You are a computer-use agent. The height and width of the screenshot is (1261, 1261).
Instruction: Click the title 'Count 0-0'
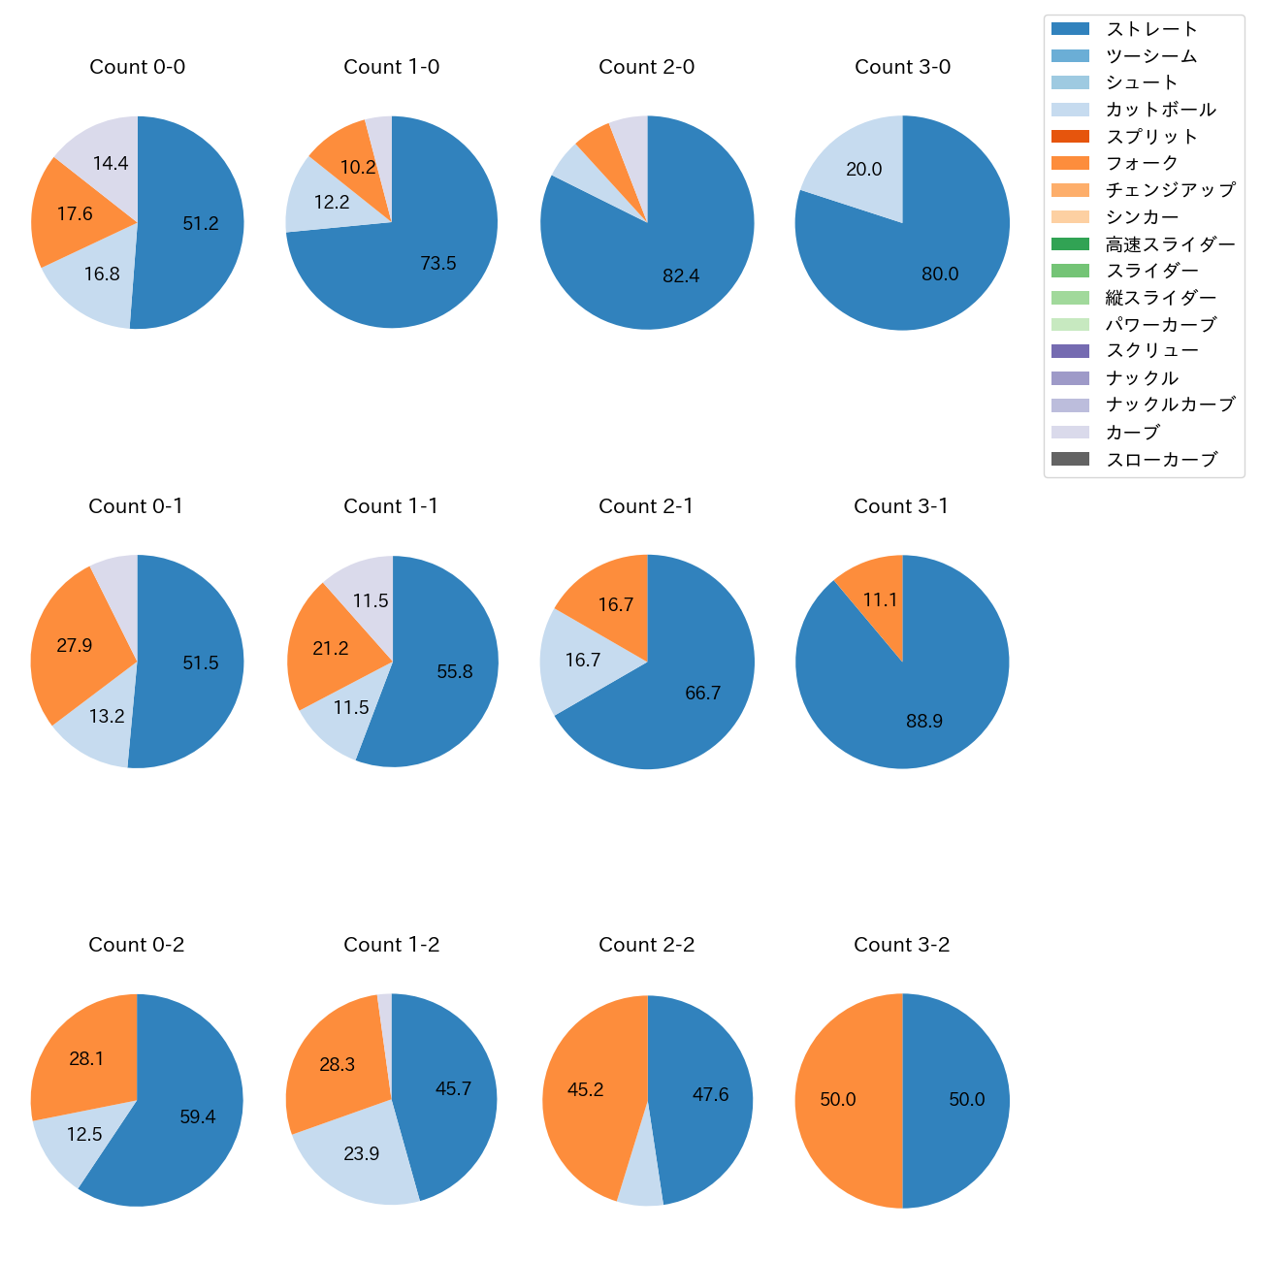coord(137,67)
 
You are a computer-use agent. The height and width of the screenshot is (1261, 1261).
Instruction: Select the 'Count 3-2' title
coord(901,945)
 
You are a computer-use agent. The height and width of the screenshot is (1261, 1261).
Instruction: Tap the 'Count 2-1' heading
coord(646,506)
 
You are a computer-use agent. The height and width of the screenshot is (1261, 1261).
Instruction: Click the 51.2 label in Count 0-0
coord(201,224)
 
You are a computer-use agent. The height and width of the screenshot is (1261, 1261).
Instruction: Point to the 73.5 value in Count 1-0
coord(438,263)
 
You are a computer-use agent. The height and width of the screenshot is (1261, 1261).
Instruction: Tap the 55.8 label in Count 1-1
coord(454,671)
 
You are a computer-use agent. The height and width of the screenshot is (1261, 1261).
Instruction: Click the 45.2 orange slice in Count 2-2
coord(586,1089)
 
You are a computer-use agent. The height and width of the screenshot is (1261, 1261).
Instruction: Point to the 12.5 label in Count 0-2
coord(84,1134)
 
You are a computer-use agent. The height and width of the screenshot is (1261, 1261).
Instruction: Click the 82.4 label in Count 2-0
coord(681,276)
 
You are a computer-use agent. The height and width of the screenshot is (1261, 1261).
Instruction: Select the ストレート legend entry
coord(1151,29)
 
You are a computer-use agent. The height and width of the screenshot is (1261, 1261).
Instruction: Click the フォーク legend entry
coord(1142,163)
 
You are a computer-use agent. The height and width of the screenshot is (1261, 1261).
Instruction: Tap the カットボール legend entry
coord(1160,110)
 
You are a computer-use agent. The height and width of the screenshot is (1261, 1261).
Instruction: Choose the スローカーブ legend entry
coord(1161,460)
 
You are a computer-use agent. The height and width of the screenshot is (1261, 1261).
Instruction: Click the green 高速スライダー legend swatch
coord(1070,244)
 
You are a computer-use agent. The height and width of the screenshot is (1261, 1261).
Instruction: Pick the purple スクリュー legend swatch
coord(1070,351)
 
